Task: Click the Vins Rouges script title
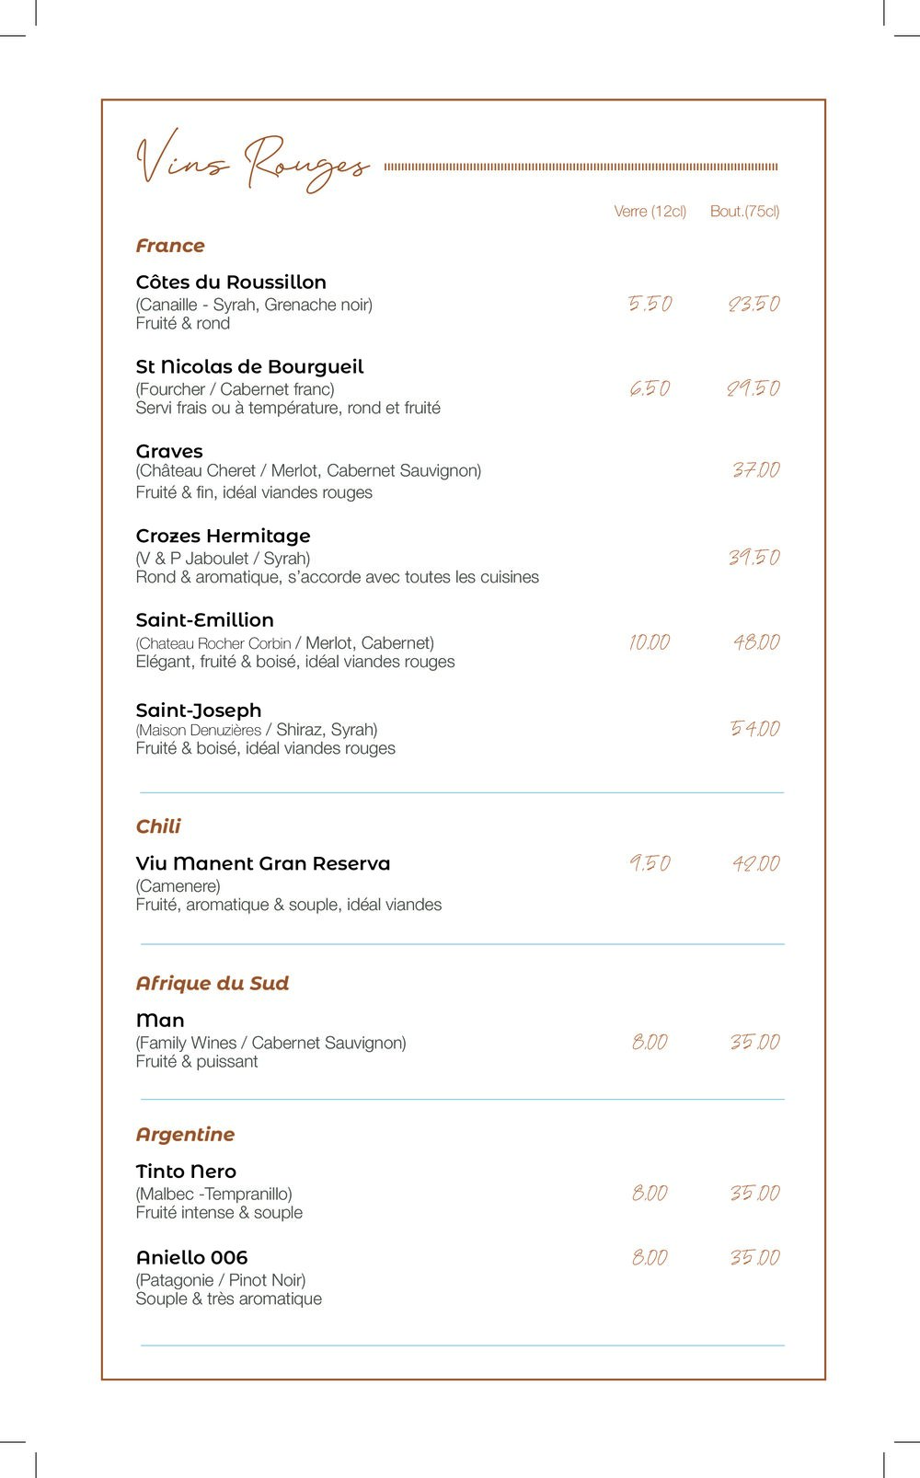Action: click(x=252, y=164)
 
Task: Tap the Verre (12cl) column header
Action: click(x=650, y=212)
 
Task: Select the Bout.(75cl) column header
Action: click(x=744, y=212)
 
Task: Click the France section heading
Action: click(x=170, y=246)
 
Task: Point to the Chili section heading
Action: click(x=158, y=826)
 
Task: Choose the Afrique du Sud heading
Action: click(x=213, y=983)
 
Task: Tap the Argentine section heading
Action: click(x=185, y=1134)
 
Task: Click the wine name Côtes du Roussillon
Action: click(x=231, y=283)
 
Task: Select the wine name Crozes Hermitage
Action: click(x=223, y=536)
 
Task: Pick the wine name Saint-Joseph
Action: click(x=199, y=710)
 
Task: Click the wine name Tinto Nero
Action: click(x=186, y=1172)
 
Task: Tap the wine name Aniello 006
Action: click(x=191, y=1257)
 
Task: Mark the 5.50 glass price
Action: click(x=650, y=304)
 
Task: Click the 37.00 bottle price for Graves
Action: click(x=755, y=470)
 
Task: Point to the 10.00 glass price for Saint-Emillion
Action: click(x=650, y=642)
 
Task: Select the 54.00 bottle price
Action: click(x=754, y=729)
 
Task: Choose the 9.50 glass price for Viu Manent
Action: click(x=650, y=863)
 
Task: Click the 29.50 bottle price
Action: click(x=753, y=388)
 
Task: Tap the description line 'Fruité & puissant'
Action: click(x=197, y=1061)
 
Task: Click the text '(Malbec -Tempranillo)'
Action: click(x=213, y=1194)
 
